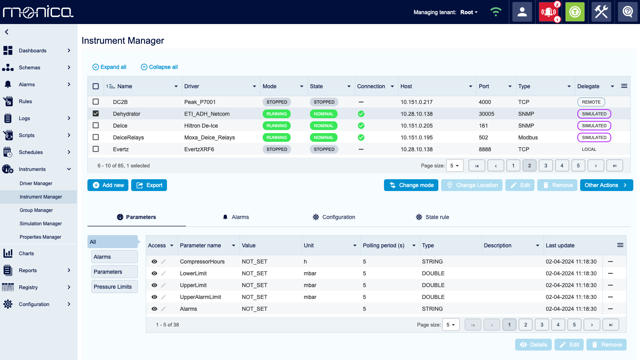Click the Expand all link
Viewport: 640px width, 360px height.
pyautogui.click(x=109, y=67)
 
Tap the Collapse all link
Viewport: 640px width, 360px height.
pyautogui.click(x=160, y=67)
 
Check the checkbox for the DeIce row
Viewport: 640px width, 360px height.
pyautogui.click(x=96, y=125)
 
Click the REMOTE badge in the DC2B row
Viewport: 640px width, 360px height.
pyautogui.click(x=591, y=102)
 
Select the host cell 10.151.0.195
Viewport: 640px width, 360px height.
pyautogui.click(x=416, y=137)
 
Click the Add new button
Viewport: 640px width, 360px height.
pyautogui.click(x=108, y=185)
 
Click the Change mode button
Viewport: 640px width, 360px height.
pyautogui.click(x=411, y=185)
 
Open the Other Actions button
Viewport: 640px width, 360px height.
pyautogui.click(x=606, y=185)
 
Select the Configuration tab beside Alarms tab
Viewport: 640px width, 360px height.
pyautogui.click(x=334, y=217)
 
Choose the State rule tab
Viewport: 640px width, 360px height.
pyautogui.click(x=432, y=217)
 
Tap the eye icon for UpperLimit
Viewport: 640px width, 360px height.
pyautogui.click(x=154, y=285)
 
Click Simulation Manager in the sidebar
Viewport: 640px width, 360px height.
pyautogui.click(x=41, y=224)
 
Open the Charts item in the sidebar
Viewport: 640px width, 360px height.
pyautogui.click(x=26, y=253)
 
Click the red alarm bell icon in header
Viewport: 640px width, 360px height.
pyautogui.click(x=549, y=12)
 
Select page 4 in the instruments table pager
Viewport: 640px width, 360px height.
pyautogui.click(x=562, y=165)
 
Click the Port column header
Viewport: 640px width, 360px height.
pyautogui.click(x=484, y=86)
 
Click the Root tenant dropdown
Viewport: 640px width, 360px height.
pyautogui.click(x=469, y=12)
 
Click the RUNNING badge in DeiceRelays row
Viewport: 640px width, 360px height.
pyautogui.click(x=276, y=137)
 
